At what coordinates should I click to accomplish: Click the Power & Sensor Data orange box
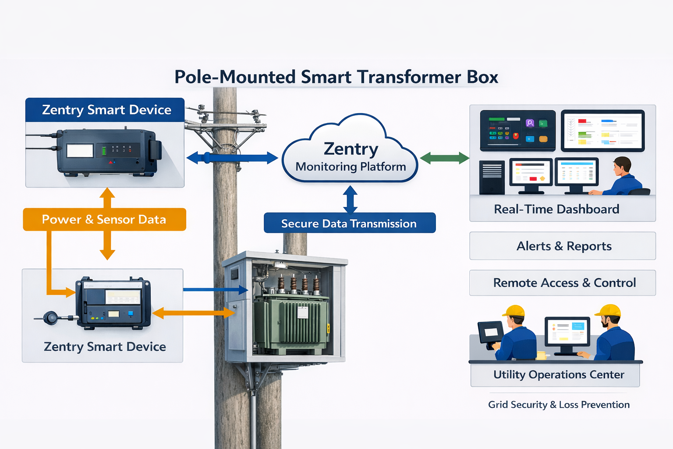pyautogui.click(x=104, y=219)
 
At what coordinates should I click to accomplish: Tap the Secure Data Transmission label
pyautogui.click(x=349, y=223)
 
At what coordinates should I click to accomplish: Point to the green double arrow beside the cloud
pyautogui.click(x=444, y=158)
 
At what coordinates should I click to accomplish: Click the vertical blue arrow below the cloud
pyautogui.click(x=350, y=199)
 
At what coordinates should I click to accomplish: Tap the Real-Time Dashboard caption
pyautogui.click(x=556, y=209)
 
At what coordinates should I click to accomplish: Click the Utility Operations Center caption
pyautogui.click(x=558, y=374)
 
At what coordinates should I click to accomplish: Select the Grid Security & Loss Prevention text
pyautogui.click(x=559, y=405)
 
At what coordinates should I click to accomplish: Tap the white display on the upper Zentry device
pyautogui.click(x=80, y=151)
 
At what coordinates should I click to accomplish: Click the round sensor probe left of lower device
pyautogui.click(x=52, y=318)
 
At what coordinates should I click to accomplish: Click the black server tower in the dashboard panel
pyautogui.click(x=492, y=177)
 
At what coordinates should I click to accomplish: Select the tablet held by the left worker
pyautogui.click(x=490, y=332)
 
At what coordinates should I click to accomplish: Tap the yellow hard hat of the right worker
pyautogui.click(x=609, y=310)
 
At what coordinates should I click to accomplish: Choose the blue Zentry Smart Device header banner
pyautogui.click(x=105, y=110)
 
